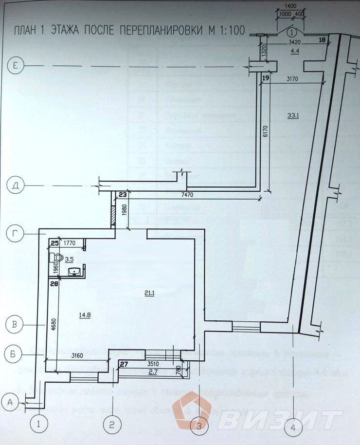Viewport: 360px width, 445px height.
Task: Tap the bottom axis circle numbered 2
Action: click(112, 424)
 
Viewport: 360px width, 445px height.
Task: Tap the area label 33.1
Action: click(293, 115)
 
